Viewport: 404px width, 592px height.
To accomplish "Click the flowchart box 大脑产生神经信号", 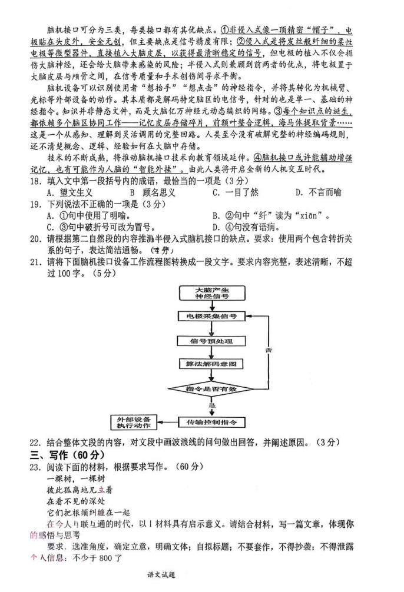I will [211, 293].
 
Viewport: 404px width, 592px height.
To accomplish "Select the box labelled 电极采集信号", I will [211, 317].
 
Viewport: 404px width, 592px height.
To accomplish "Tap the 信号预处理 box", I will [211, 341].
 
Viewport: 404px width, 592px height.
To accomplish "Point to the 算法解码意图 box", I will [211, 364].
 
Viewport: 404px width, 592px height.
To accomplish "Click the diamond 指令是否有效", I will [210, 389].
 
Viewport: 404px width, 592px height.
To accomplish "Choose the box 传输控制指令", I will [211, 422].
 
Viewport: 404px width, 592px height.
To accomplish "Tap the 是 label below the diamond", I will [212, 406].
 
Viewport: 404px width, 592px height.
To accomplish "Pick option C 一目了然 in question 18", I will [236, 192].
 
